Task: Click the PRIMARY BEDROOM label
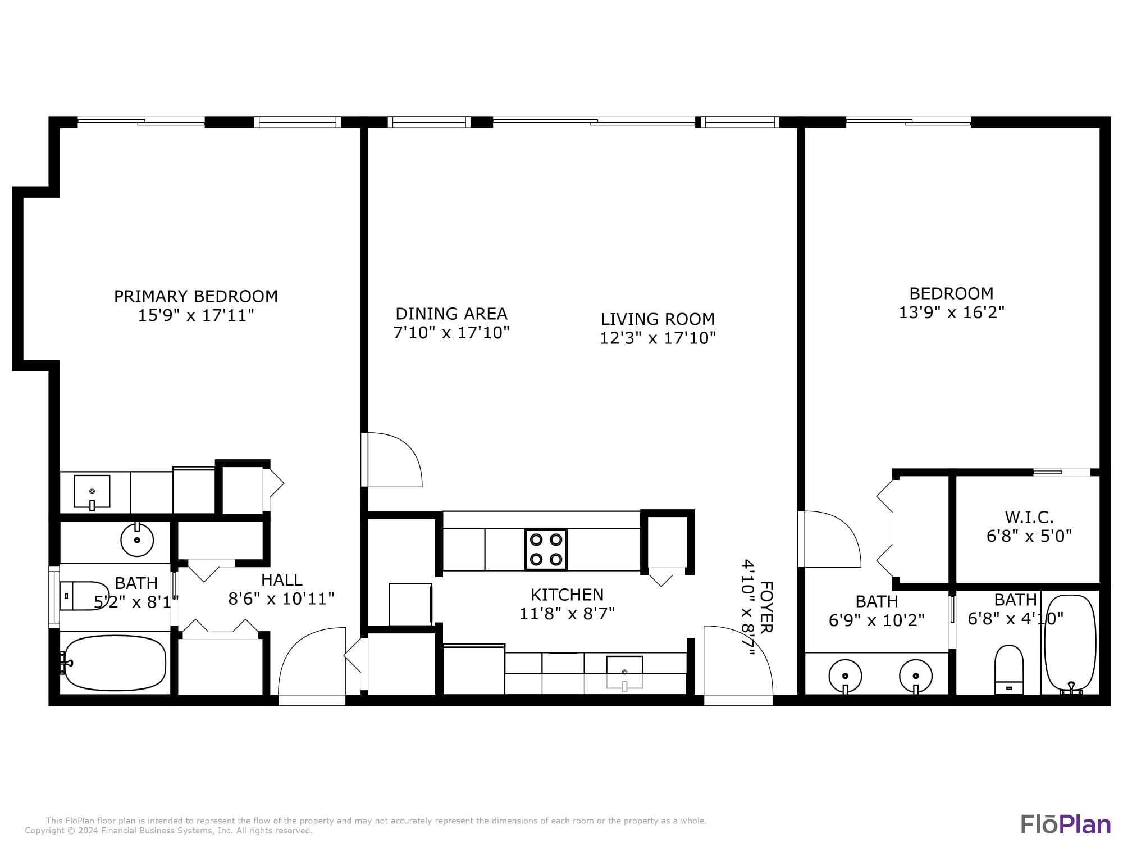tap(195, 296)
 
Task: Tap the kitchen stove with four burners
tap(546, 549)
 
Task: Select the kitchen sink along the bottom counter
tap(624, 672)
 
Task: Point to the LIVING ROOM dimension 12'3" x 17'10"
tap(658, 338)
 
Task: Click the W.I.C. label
tap(1029, 516)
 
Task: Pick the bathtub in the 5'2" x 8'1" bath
tap(115, 663)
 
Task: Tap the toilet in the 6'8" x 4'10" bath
tap(1009, 669)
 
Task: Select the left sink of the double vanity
tap(845, 676)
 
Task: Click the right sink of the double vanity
tap(916, 676)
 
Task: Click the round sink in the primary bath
tap(137, 540)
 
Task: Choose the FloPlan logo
tap(1065, 824)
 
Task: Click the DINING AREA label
tap(451, 314)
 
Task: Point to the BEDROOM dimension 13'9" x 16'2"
tap(951, 312)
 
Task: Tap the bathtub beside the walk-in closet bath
tap(1070, 643)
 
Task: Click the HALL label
tap(281, 579)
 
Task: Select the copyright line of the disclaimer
tap(168, 831)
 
